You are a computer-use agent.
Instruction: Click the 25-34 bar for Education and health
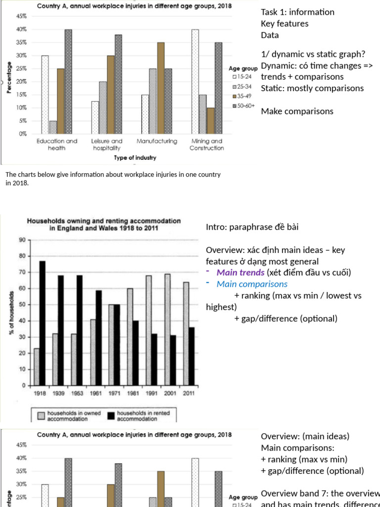click(53, 127)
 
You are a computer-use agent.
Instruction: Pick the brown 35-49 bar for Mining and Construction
click(211, 121)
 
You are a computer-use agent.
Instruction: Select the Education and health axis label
click(57, 145)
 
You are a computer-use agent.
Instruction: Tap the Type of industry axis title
click(135, 157)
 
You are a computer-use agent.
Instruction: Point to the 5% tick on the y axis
click(23, 121)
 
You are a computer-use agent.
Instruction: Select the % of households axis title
click(11, 312)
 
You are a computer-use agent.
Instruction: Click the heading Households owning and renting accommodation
click(103, 221)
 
